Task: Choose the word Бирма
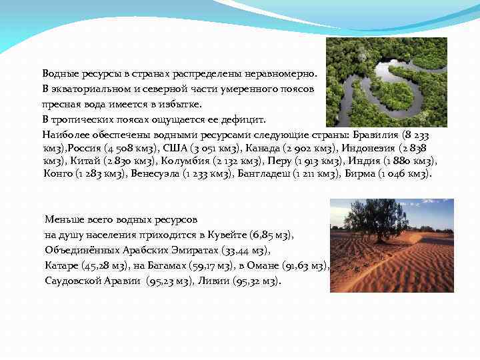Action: (360, 174)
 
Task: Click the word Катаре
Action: (63, 266)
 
